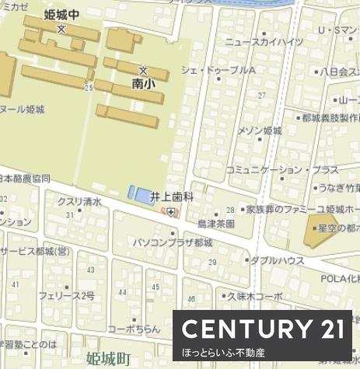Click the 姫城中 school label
(x=62, y=14)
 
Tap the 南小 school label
(x=143, y=82)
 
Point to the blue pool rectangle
(x=138, y=193)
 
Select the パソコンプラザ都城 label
(x=173, y=242)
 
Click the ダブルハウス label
(x=277, y=260)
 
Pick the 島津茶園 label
(x=215, y=223)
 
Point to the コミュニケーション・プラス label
(x=282, y=169)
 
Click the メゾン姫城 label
(x=260, y=130)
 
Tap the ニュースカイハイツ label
(x=263, y=42)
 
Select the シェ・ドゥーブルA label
(x=218, y=70)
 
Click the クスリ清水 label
(x=79, y=201)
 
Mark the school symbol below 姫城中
(x=61, y=28)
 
